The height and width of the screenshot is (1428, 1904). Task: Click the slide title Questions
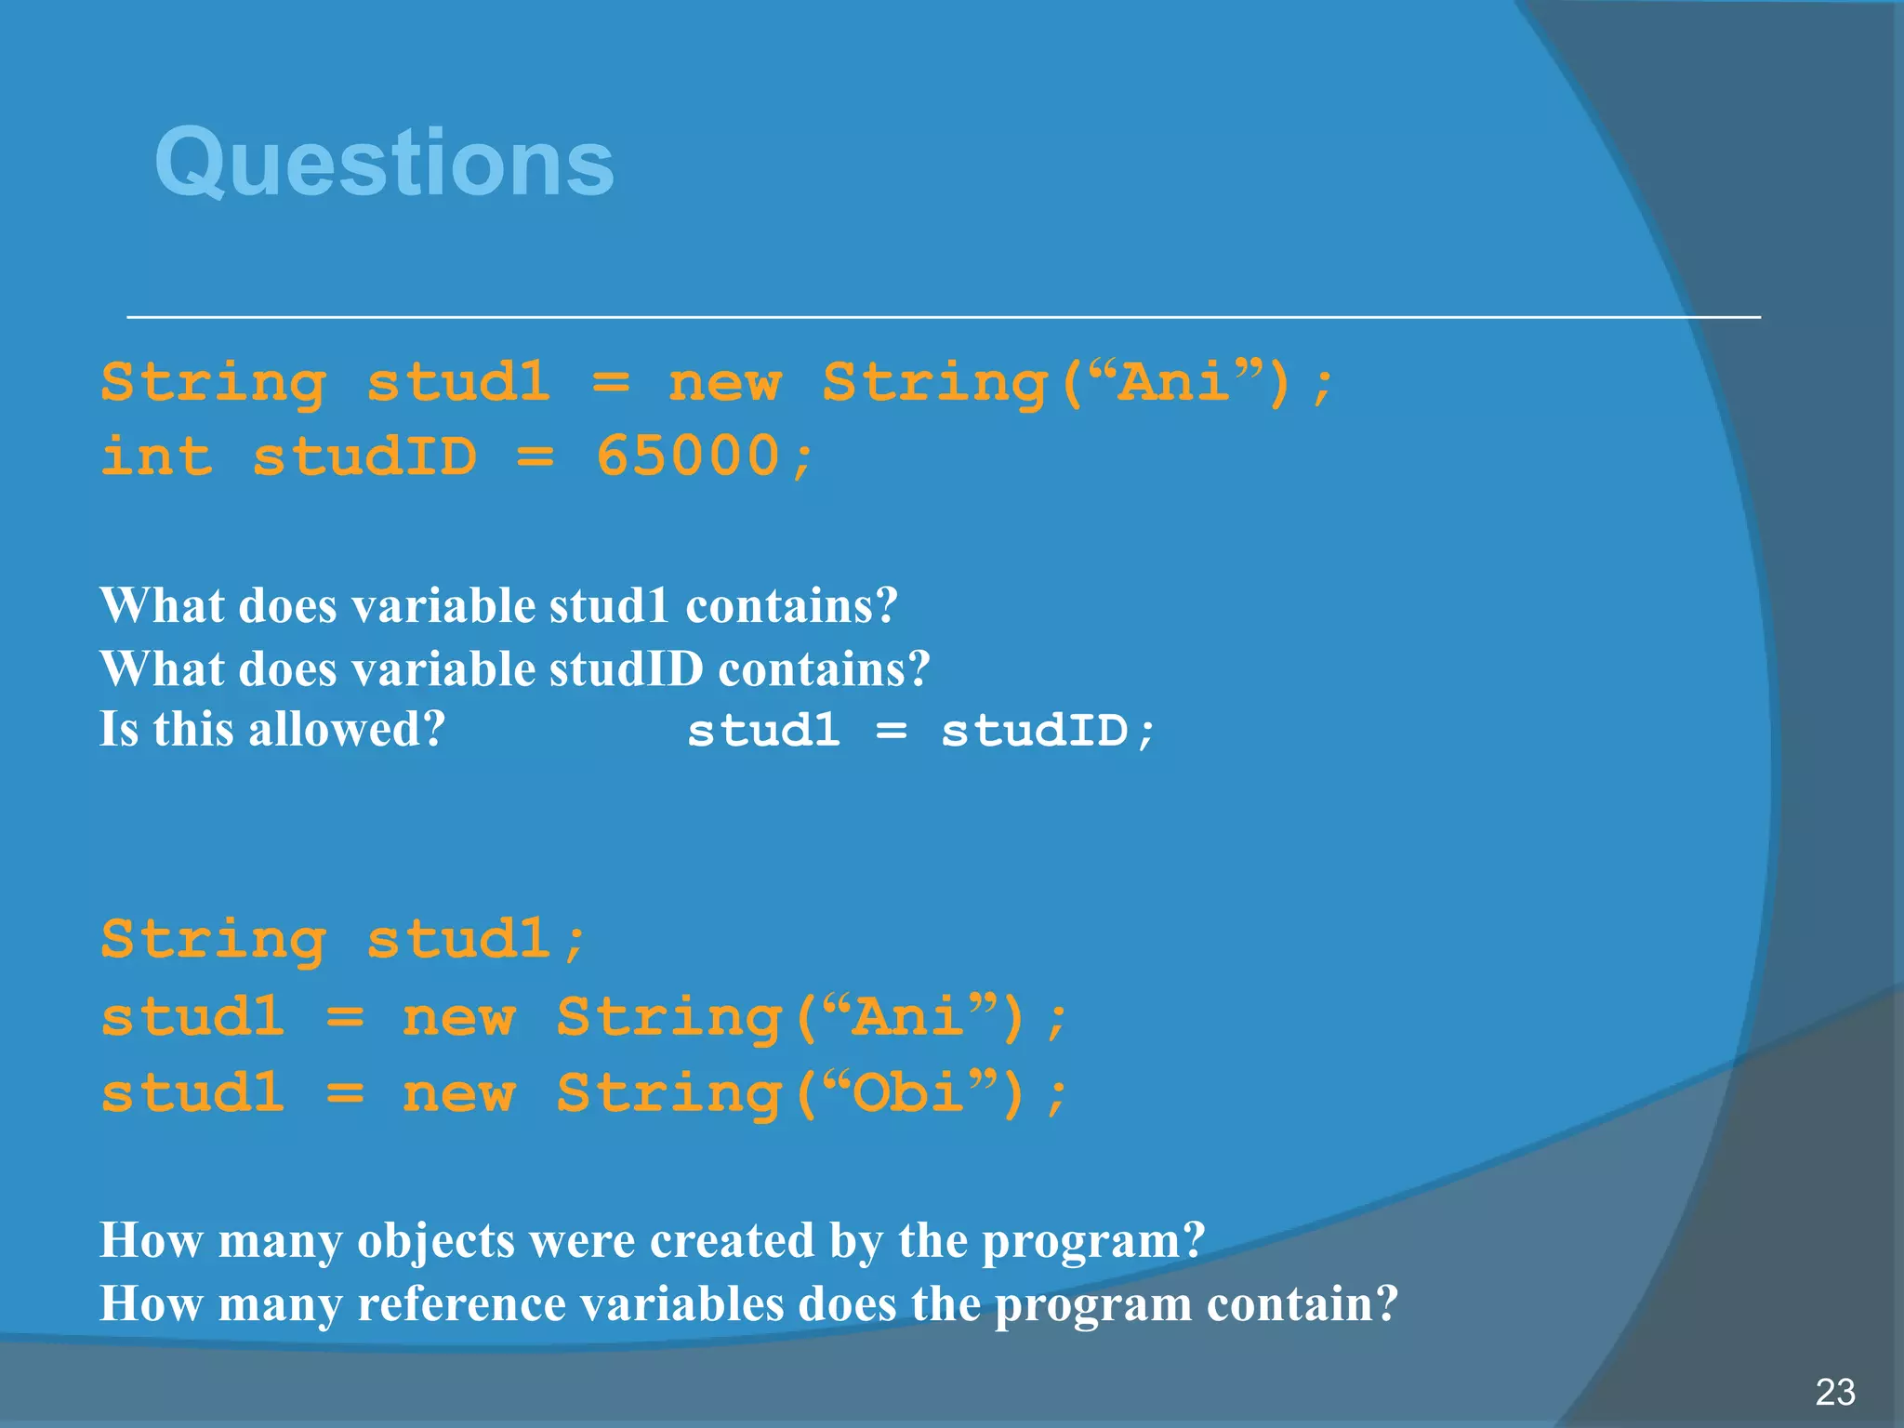[384, 163]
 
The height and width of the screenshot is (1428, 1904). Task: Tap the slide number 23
[1834, 1392]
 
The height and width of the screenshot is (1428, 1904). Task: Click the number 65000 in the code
[687, 456]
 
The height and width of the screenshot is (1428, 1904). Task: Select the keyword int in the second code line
[156, 456]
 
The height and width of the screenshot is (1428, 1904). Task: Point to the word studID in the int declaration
[364, 456]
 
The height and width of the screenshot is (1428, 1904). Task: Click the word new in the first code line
[724, 382]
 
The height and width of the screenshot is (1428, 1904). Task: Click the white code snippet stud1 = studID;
[920, 730]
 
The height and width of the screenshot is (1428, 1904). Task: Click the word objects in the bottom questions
[435, 1240]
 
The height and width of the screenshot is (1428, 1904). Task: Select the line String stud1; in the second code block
[343, 939]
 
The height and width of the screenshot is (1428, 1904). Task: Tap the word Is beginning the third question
[119, 729]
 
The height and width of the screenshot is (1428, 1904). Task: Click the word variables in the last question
[682, 1303]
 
